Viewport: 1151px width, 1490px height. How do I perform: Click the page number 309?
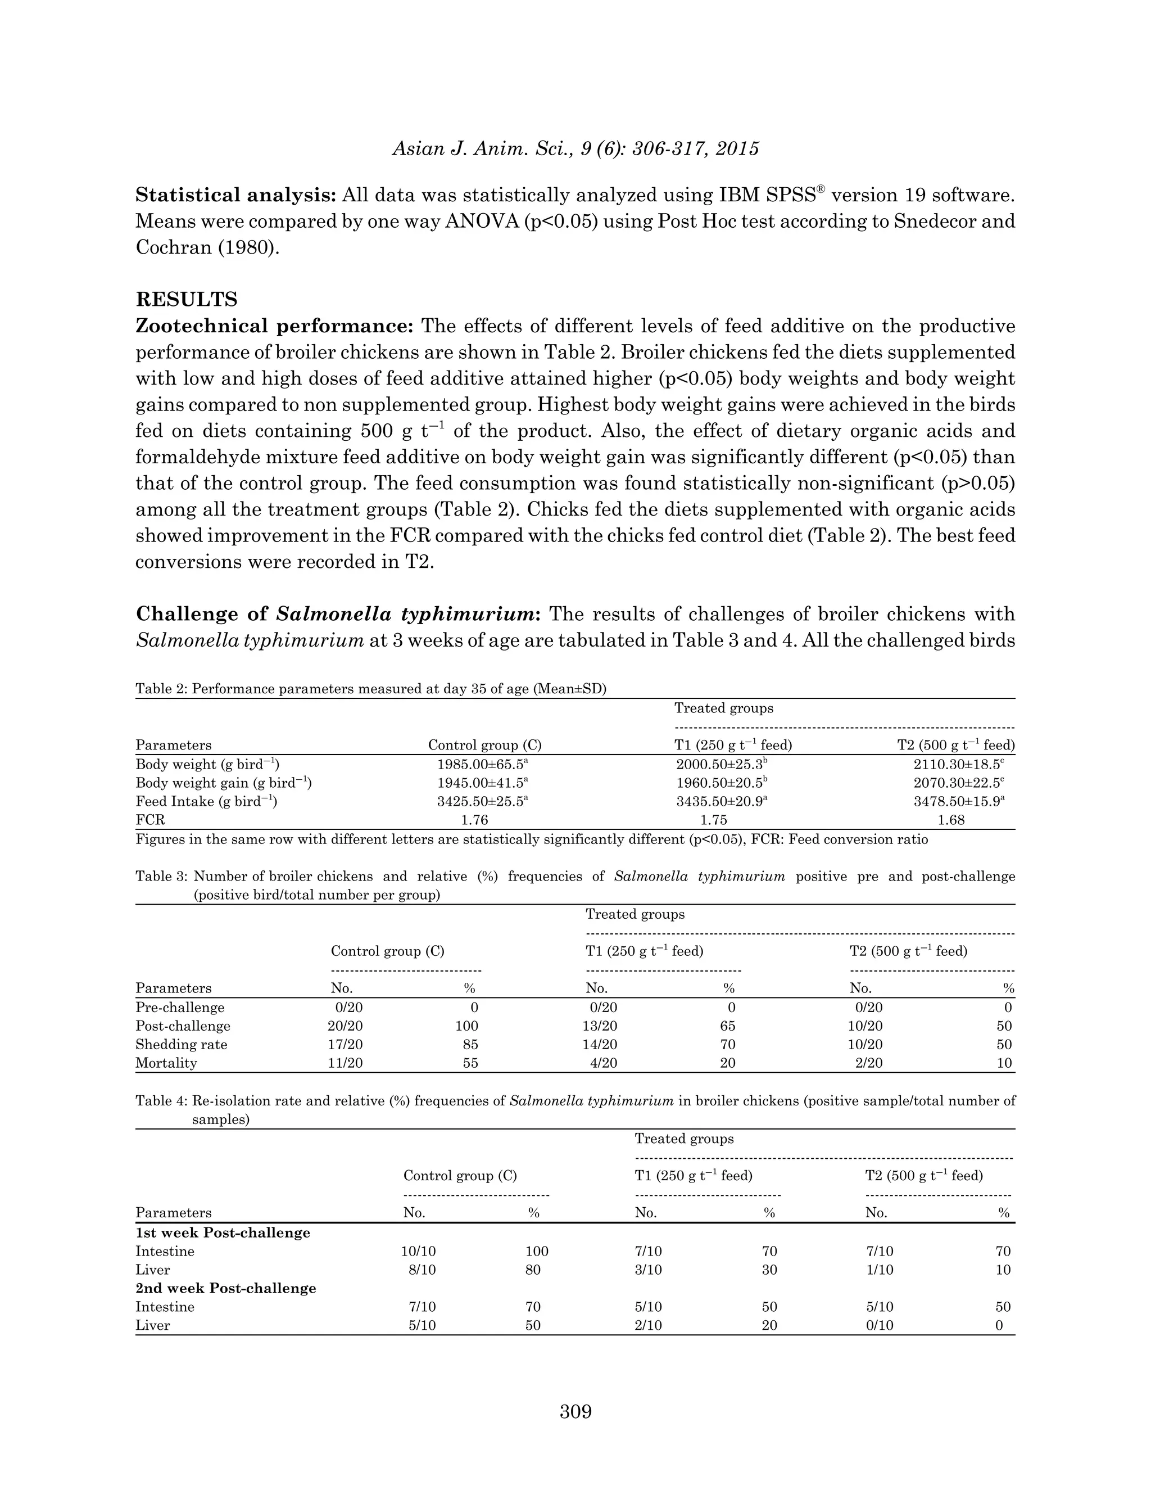coord(575,1411)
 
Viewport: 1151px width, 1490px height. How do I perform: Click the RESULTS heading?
coord(187,300)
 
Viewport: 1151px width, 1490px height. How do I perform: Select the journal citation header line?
coord(575,149)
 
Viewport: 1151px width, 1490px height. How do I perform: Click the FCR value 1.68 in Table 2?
coord(951,820)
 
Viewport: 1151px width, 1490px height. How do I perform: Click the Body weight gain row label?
coord(224,783)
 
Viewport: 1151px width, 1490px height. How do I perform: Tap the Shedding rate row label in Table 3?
coord(182,1045)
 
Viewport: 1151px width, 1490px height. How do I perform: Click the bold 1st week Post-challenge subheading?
coord(223,1233)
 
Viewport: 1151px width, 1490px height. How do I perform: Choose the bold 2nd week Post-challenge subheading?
coord(226,1288)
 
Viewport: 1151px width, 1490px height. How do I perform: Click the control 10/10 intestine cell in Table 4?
coord(419,1251)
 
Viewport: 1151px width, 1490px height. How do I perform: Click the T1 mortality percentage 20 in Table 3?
coord(728,1063)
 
